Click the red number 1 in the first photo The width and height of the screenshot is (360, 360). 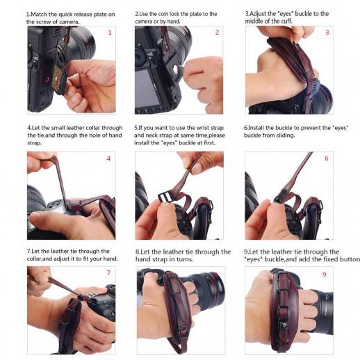point(110,33)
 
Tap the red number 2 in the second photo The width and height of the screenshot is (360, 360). point(217,33)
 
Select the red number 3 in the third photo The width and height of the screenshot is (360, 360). point(327,33)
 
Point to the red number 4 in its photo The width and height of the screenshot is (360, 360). point(108,158)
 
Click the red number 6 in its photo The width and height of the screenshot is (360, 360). point(327,158)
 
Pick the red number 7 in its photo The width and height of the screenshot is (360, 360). point(108,273)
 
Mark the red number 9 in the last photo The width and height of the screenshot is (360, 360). point(325,275)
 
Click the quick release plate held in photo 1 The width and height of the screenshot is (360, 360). point(59,79)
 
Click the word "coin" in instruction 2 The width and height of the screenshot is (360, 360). point(163,14)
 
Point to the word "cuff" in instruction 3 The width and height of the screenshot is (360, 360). point(287,22)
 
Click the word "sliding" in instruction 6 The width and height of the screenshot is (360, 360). point(286,136)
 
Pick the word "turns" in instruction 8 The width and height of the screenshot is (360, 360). point(185,259)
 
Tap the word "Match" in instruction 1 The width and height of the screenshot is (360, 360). point(39,15)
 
